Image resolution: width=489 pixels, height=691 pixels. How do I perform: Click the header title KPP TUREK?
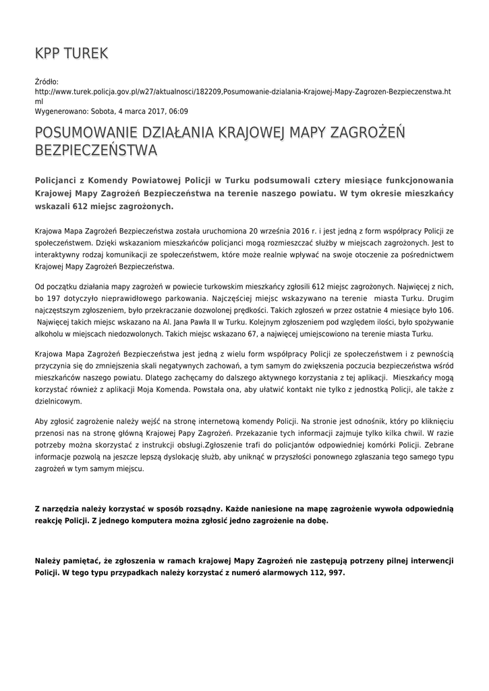[71, 53]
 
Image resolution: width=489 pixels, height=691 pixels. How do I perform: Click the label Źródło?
[47, 82]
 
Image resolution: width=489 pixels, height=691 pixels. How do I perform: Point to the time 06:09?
[177, 111]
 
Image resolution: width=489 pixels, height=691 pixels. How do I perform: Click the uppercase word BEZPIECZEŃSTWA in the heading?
[96, 150]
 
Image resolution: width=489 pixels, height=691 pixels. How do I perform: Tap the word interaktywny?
[59, 255]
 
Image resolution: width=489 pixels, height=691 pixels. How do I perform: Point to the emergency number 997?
[335, 572]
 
